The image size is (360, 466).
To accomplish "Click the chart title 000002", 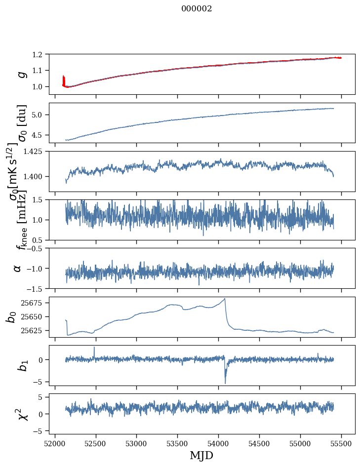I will tap(197, 9).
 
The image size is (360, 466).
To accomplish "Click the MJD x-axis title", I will tap(201, 455).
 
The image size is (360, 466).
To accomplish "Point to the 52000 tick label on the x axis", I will tap(55, 443).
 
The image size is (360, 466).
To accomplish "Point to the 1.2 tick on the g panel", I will tap(42, 54).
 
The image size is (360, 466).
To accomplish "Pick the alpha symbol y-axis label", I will tap(18, 268).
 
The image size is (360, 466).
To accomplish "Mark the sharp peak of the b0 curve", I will tap(225, 299).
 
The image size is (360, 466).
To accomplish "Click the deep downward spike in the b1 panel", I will tap(225, 383).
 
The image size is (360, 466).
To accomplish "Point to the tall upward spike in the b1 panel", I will tap(94, 348).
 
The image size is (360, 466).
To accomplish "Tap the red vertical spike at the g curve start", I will tap(64, 80).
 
